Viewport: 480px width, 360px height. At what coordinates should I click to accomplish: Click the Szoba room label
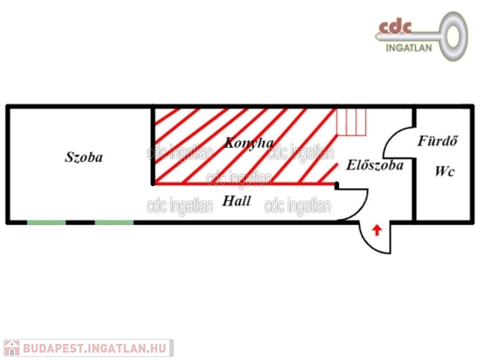point(83,158)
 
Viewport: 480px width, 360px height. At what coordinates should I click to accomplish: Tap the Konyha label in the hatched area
point(248,143)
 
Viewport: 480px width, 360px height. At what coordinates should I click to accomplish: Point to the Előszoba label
point(375,165)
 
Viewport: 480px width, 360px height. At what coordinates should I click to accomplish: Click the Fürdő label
point(438,142)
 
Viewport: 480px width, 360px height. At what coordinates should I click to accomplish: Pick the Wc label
point(445,172)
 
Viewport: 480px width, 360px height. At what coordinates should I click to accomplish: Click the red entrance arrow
point(377,229)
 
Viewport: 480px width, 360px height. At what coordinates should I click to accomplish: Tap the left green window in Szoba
point(46,223)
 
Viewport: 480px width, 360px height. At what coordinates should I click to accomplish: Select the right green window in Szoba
point(114,223)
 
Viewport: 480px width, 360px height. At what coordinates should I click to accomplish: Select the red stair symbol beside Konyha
point(351,122)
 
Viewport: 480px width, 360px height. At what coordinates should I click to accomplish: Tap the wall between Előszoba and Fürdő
point(413,174)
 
